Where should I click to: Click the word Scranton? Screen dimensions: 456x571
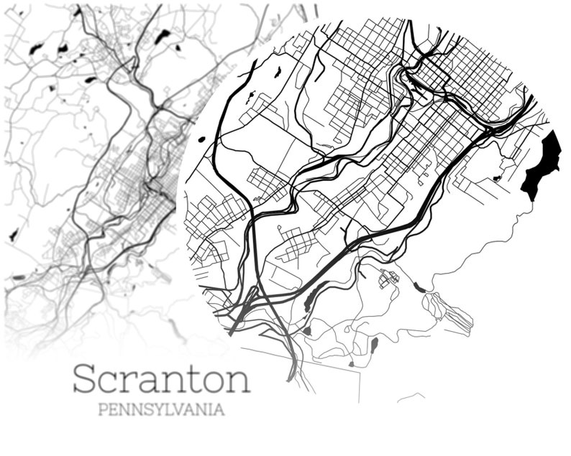click(x=161, y=378)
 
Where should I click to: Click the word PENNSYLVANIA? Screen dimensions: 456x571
click(x=160, y=411)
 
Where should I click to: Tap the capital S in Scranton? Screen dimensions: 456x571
click(x=85, y=378)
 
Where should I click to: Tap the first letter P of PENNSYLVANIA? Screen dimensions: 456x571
click(x=101, y=411)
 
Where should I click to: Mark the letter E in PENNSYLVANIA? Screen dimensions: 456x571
click(x=112, y=411)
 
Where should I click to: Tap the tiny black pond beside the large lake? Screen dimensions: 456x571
click(x=496, y=178)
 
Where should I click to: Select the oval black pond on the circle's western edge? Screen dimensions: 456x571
click(x=201, y=139)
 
